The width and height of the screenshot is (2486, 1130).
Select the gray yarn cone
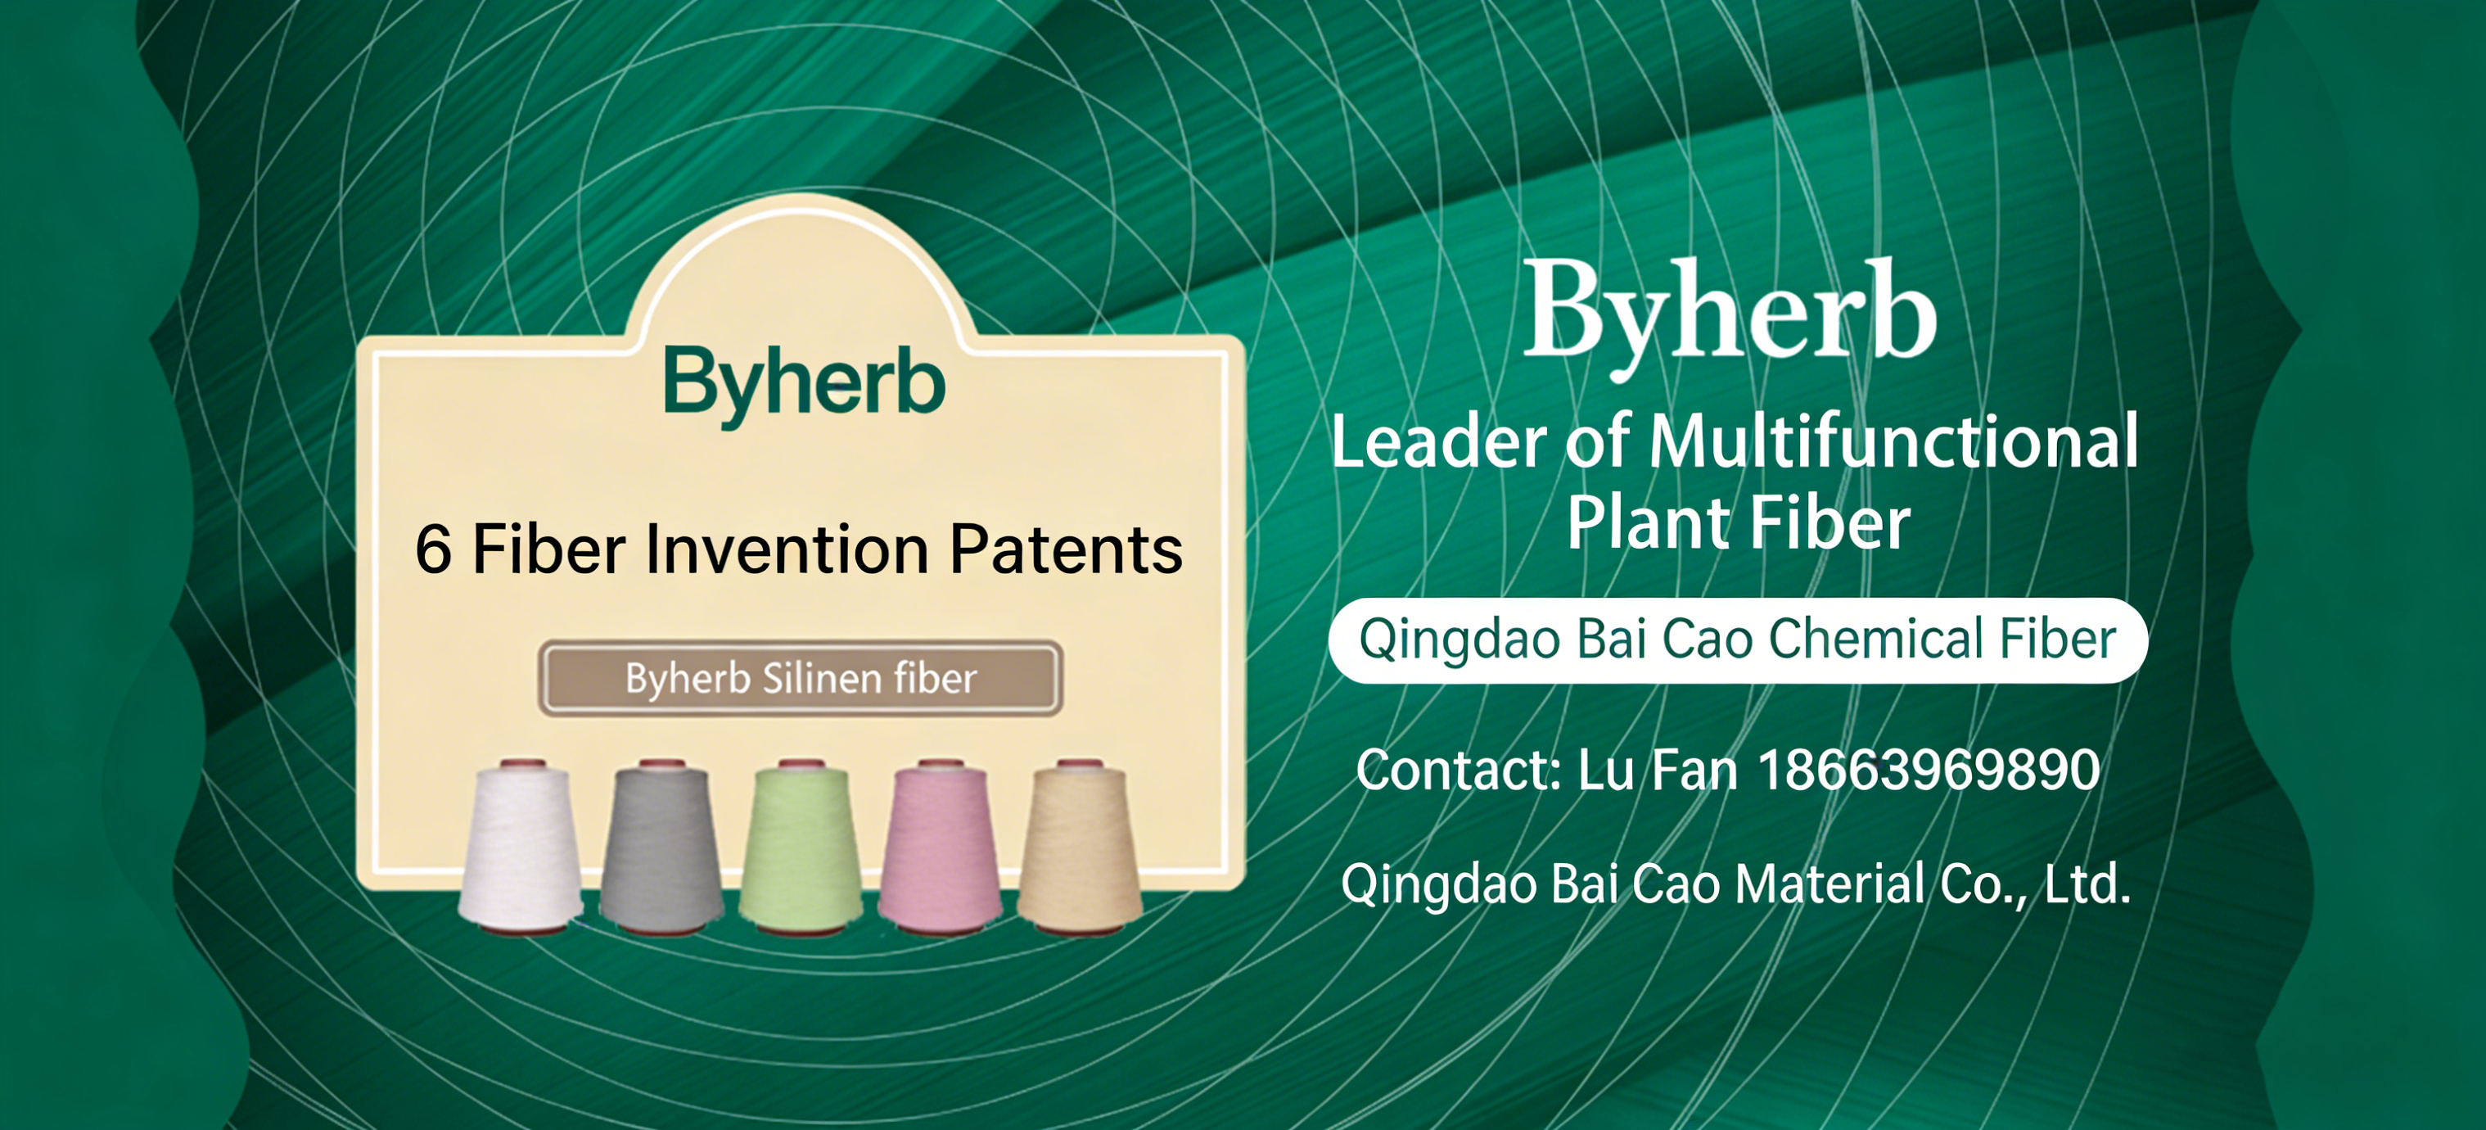(661, 847)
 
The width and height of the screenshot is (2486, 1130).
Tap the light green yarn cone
(801, 847)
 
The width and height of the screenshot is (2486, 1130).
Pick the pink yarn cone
(941, 847)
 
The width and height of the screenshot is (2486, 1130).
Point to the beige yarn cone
(1080, 847)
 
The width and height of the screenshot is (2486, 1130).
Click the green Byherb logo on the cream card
(804, 386)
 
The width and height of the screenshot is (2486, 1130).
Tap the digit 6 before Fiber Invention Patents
(433, 550)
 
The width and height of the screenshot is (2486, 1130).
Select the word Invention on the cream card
(787, 550)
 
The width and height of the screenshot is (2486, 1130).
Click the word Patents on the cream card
(1067, 550)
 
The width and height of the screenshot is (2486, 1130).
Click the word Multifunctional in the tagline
(1893, 441)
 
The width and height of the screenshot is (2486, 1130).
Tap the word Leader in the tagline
(1439, 441)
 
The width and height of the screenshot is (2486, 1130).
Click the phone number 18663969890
(1929, 770)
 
